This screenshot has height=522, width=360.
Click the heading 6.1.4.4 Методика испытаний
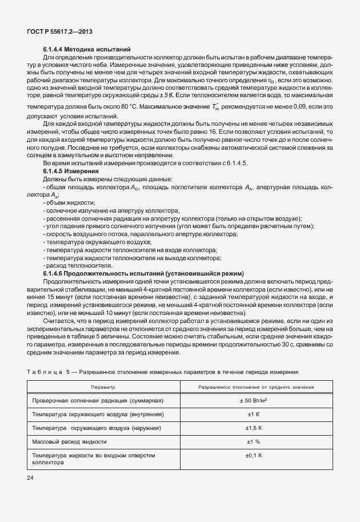[87, 50]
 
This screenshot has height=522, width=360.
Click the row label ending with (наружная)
[97, 428]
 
